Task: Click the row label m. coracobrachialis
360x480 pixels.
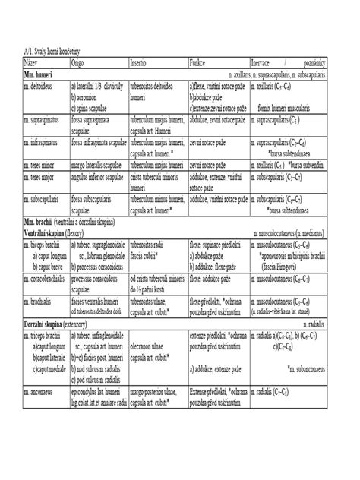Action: [x=49, y=280]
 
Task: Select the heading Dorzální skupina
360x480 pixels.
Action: [x=44, y=324]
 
